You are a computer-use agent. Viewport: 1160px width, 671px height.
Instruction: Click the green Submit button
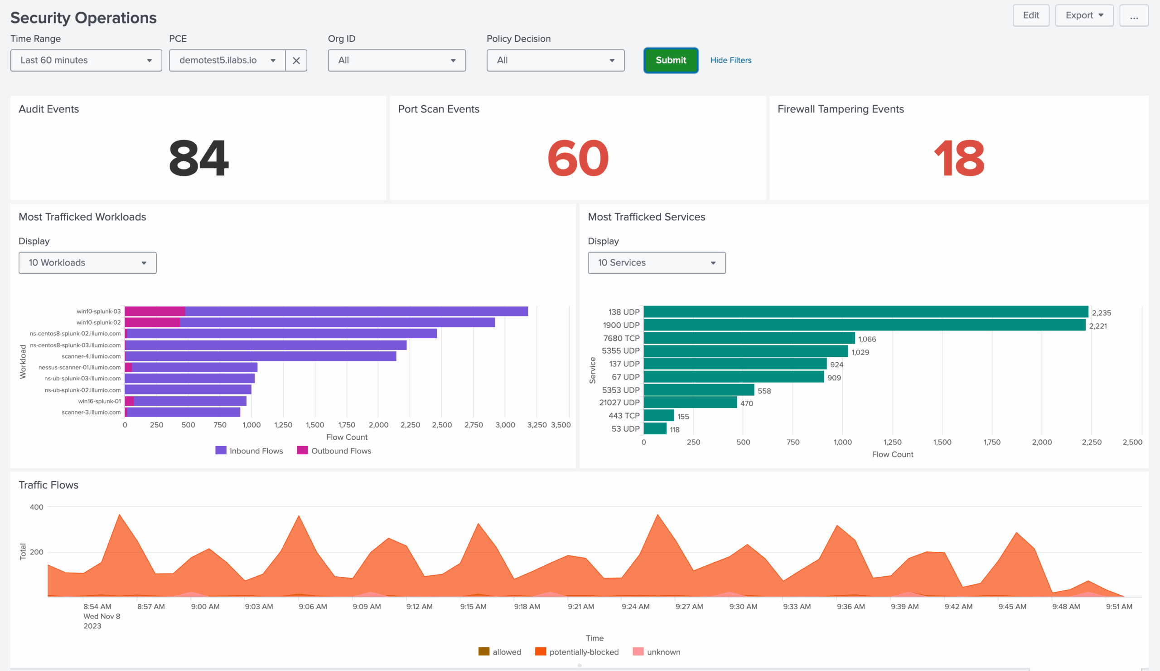pos(671,60)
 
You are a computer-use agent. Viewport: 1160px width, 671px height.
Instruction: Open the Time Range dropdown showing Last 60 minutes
pos(86,60)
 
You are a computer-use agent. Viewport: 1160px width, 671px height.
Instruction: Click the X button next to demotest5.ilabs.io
pos(296,60)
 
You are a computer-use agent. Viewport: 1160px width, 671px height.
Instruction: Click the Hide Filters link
pos(730,60)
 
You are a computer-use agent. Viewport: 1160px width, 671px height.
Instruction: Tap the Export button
pos(1084,16)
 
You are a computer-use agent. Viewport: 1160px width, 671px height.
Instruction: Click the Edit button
pos(1031,16)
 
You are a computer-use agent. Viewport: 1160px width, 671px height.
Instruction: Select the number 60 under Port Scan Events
pos(578,158)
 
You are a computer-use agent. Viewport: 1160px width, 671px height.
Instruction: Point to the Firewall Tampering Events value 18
pos(959,158)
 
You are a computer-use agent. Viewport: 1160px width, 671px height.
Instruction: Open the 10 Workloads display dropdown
pos(87,263)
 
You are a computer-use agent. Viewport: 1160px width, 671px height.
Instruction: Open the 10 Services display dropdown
pos(657,263)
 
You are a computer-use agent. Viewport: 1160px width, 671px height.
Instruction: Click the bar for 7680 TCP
pos(749,339)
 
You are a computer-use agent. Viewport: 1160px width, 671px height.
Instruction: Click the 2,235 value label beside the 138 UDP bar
pos(1101,313)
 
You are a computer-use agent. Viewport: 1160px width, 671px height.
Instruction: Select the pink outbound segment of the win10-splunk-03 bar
pos(155,311)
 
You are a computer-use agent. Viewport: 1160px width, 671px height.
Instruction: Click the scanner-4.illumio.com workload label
pos(91,356)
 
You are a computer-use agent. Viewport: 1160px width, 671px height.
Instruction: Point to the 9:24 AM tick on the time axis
pos(635,607)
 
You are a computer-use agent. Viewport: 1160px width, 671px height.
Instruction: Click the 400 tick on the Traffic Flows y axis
pos(36,507)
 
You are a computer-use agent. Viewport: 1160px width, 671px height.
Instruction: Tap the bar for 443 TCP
pos(659,415)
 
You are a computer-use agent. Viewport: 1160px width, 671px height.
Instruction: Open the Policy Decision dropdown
pos(555,60)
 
